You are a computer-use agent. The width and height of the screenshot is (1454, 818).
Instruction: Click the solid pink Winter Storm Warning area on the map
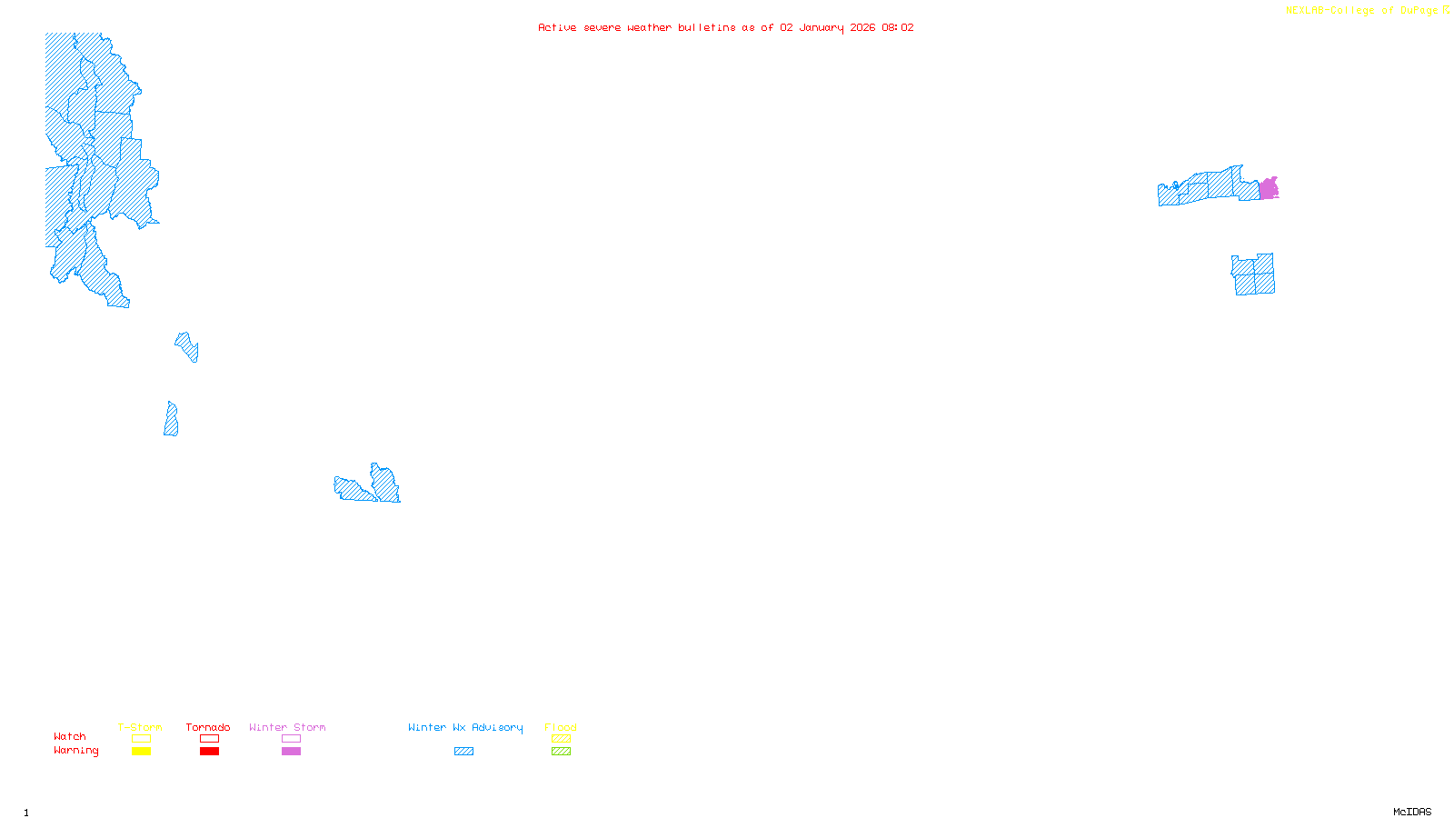coord(1268,189)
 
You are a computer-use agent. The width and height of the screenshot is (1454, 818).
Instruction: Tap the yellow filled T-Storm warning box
coord(141,752)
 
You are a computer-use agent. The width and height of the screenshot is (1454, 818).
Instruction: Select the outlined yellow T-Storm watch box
coord(141,739)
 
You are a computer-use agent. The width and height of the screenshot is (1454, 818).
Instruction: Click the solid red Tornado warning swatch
coord(209,752)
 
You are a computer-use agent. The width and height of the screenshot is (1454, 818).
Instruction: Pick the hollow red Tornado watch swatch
coord(209,739)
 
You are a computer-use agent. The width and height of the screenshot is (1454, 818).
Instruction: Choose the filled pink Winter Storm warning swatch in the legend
coord(291,752)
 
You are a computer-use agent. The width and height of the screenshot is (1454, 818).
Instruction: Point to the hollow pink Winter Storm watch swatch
coord(291,739)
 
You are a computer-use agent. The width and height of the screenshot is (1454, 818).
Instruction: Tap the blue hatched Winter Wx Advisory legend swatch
coord(463,752)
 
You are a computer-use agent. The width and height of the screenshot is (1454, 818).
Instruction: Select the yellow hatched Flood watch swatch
coord(561,739)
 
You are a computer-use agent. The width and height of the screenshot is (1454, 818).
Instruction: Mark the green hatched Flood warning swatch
coord(561,752)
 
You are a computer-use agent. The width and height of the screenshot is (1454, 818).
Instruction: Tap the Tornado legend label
coord(208,727)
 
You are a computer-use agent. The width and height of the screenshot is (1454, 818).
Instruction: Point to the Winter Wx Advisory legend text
coord(465,727)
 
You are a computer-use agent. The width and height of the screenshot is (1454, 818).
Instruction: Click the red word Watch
coord(70,736)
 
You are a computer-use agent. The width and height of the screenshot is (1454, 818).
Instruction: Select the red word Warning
coord(75,751)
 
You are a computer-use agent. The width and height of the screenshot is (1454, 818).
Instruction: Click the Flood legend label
coord(561,727)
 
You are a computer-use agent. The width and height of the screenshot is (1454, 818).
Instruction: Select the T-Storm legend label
coord(140,727)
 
